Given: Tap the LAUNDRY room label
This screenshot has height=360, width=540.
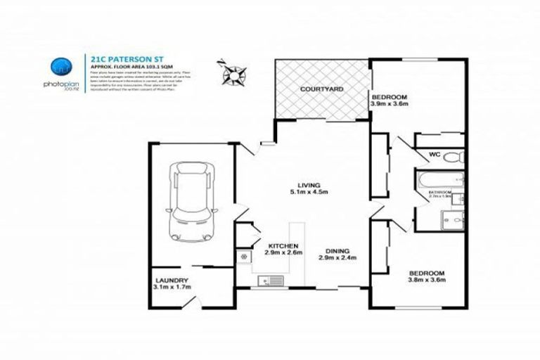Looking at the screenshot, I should [170, 279].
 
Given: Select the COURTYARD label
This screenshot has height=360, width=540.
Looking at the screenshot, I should [321, 90].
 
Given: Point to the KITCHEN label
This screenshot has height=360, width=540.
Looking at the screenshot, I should [277, 245].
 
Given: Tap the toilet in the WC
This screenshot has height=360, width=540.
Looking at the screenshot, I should [454, 155].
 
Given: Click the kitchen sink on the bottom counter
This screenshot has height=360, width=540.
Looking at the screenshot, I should [271, 281].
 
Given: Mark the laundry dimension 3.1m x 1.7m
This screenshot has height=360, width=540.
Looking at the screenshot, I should [170, 287].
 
